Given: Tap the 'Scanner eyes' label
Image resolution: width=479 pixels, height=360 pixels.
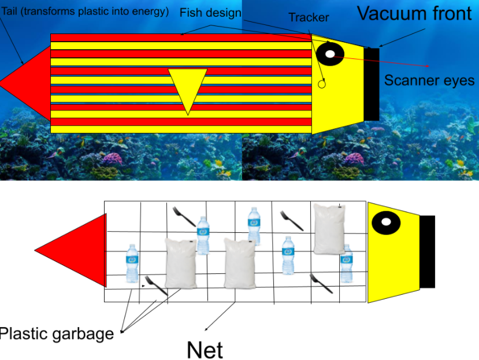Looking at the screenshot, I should (429, 80).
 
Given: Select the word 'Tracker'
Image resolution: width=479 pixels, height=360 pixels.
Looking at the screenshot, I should (309, 18).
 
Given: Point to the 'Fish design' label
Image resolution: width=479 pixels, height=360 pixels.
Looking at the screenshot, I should (210, 13).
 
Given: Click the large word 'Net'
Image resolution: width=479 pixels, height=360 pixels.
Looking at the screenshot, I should (205, 349).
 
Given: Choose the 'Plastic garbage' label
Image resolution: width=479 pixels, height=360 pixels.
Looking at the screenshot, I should (57, 334).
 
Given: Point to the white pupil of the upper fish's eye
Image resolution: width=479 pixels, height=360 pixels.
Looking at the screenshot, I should (330, 54).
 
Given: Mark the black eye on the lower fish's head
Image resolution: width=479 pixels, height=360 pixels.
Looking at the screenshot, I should (385, 222).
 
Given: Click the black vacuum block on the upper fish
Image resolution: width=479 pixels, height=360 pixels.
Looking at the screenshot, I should (371, 84).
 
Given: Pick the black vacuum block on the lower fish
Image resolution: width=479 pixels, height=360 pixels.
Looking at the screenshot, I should (427, 251).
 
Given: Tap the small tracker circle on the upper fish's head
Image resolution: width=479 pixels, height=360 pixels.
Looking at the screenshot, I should (322, 84).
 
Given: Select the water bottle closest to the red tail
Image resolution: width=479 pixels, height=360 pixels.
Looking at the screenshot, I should (132, 263).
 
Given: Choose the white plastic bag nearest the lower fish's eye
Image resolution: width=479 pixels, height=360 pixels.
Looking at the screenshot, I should (329, 228).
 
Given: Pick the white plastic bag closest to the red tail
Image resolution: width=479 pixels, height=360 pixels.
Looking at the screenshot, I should (181, 262).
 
